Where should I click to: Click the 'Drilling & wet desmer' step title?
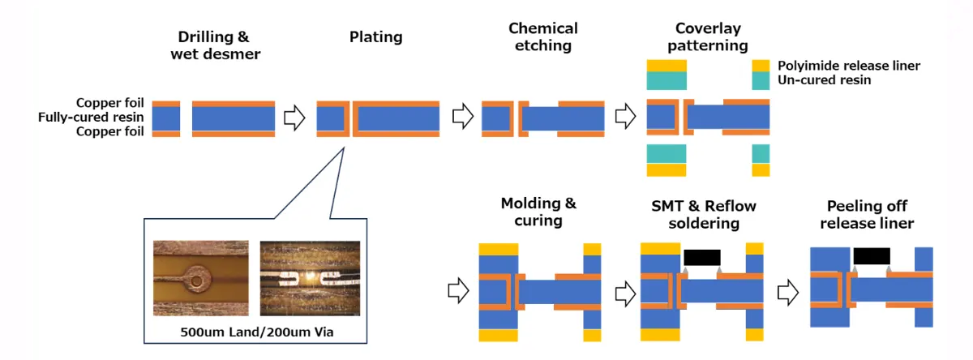pos(213,45)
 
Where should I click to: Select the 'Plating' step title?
pos(375,37)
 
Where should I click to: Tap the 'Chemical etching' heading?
pos(543,37)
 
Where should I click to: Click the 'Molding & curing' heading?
pos(538,212)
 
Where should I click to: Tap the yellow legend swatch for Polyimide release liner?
pos(761,66)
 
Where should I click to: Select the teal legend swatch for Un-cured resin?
pos(761,81)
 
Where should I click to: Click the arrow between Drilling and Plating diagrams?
pos(294,118)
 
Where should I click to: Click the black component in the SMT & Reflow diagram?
pos(702,258)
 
